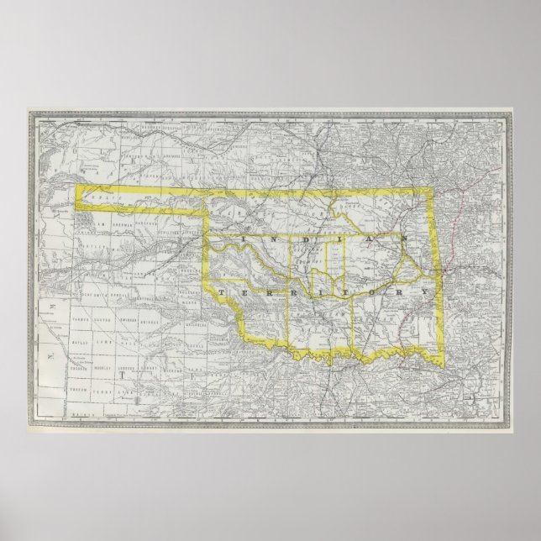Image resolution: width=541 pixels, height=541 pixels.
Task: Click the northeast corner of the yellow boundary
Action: tap(433, 191)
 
